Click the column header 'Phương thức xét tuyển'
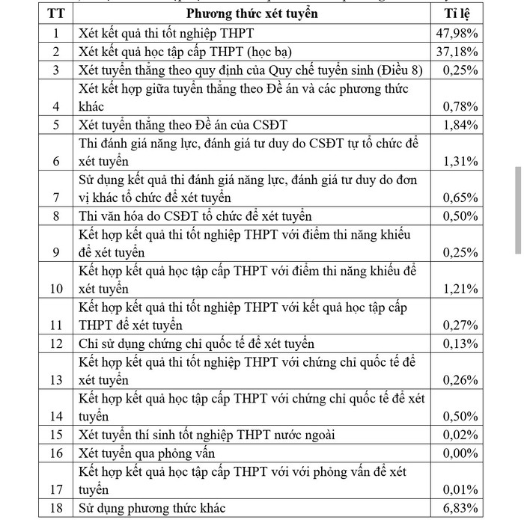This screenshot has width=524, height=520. [252, 14]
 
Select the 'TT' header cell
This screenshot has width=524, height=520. [55, 14]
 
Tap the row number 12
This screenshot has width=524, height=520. [55, 343]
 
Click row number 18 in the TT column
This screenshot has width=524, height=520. [55, 509]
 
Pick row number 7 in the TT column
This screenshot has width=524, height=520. [55, 198]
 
